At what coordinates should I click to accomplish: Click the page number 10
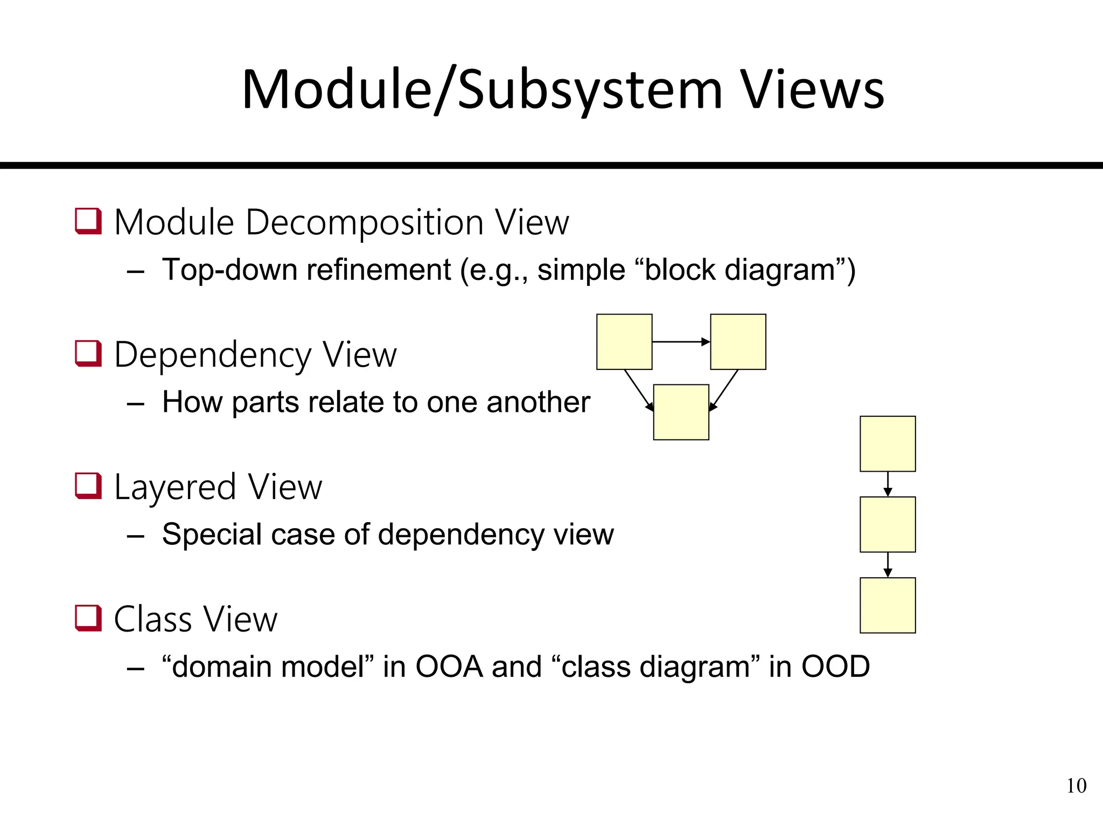[x=1076, y=786]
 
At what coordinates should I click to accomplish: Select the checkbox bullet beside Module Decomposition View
[x=88, y=221]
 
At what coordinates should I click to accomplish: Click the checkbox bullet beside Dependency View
[x=88, y=354]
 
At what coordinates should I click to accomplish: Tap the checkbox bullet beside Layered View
[x=88, y=486]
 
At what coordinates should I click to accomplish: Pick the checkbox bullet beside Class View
[x=88, y=618]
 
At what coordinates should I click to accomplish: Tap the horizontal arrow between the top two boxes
[x=681, y=341]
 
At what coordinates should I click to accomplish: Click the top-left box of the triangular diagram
[x=624, y=342]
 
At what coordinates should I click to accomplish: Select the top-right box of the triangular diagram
[x=738, y=342]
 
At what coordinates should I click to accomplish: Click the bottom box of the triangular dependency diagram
[x=681, y=412]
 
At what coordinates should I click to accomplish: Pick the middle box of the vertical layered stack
[x=888, y=524]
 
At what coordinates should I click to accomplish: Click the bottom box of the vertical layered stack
[x=888, y=605]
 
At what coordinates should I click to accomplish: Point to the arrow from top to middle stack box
[x=888, y=484]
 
